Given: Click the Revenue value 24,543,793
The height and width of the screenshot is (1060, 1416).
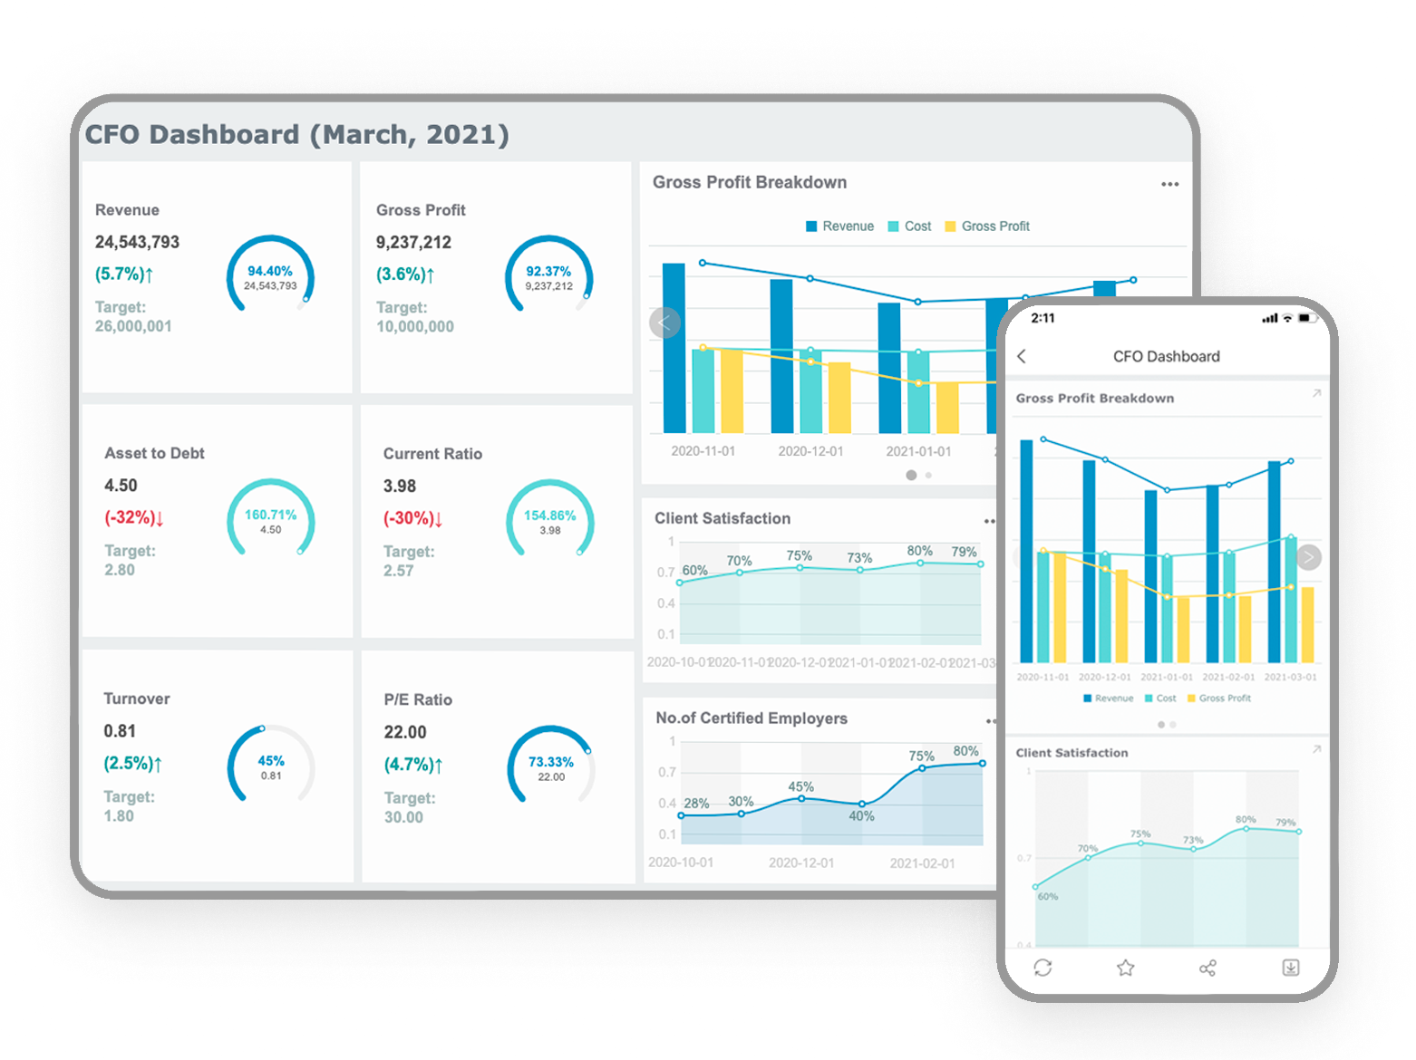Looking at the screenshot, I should pos(137,242).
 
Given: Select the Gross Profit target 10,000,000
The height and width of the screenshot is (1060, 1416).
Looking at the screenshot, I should pos(414,326).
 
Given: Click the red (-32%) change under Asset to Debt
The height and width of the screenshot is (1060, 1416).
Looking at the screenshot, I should pos(133,517).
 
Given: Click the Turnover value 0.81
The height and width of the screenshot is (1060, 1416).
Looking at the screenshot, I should pos(120,731).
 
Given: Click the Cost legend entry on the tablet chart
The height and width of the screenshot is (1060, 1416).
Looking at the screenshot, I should pos(909,226).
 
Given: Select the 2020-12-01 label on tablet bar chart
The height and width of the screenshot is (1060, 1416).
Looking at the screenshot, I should pos(810,451).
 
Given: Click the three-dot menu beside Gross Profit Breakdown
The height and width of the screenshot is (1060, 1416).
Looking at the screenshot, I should pos(1169,184).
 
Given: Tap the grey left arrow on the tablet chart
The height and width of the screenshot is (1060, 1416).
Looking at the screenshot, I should pos(664,323).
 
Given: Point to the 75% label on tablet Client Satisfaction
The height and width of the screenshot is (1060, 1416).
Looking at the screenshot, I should pos(799,555).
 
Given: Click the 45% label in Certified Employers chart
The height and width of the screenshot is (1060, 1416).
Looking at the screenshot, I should pos(800,786).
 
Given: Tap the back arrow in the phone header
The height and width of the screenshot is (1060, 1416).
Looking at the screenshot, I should pos(1022,356).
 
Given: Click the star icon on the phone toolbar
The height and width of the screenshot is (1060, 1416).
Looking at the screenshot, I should pos(1125,968).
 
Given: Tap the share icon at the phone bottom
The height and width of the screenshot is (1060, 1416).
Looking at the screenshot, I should pos(1207,968).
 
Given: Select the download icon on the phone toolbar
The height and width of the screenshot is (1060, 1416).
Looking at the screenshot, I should pos(1291,968).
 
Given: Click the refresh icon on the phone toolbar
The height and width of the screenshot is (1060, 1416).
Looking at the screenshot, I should pos(1043,968).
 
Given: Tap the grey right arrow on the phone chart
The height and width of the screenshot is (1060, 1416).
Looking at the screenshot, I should pos(1308,557).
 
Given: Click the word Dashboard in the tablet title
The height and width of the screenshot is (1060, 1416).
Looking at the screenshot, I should pos(224,135).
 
